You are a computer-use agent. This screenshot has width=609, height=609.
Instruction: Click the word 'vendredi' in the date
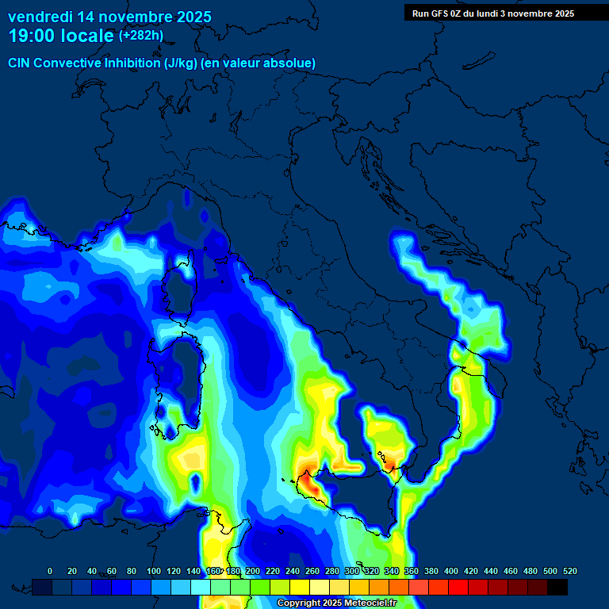click(40, 16)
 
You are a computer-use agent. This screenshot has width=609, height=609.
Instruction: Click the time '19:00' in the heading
click(31, 36)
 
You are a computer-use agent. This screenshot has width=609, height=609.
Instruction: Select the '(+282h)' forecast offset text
click(140, 36)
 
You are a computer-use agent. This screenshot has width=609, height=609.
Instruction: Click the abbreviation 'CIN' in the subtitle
click(20, 63)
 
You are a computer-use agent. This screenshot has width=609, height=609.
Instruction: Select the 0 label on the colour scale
click(50, 571)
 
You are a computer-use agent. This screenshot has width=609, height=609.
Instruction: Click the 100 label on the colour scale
click(153, 571)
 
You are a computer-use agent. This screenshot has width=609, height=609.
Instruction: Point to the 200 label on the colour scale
click(253, 571)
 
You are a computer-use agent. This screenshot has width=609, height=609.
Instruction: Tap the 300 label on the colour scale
click(351, 571)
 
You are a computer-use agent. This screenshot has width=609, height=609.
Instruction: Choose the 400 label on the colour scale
click(451, 571)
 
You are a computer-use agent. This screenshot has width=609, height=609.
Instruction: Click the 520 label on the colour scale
click(569, 571)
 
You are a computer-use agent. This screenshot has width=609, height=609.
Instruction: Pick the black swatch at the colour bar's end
click(557, 587)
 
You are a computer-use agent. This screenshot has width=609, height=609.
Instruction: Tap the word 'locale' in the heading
click(86, 36)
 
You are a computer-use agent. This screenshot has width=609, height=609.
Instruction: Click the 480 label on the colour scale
click(530, 571)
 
